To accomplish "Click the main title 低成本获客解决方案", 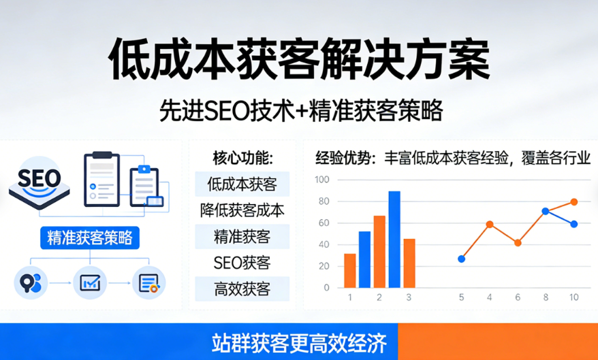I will (x=298, y=61).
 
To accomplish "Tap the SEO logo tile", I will (x=40, y=180).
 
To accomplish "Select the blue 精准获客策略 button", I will (x=90, y=238).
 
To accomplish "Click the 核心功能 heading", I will (x=242, y=159).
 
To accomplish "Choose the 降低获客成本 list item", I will (x=242, y=210).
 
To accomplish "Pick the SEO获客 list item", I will (x=242, y=263).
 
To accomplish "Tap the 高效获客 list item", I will (x=242, y=289).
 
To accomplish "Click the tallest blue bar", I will (x=394, y=239).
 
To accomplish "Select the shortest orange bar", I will (x=349, y=270).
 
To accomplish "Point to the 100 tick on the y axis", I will (x=321, y=180).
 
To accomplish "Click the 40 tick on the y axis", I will (x=323, y=244).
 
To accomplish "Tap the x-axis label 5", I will (x=461, y=297).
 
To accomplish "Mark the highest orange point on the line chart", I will (x=573, y=201).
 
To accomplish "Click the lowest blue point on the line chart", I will (x=461, y=259).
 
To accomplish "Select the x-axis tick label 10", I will (x=573, y=297).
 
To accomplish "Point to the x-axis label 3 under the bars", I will (x=409, y=297).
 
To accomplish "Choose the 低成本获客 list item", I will (x=242, y=184).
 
